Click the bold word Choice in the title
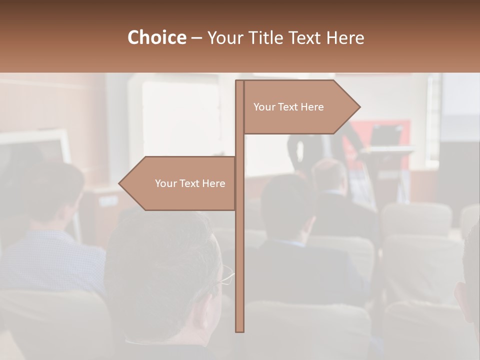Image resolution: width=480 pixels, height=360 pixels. coord(156,37)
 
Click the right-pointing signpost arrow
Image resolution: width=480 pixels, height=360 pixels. coord(300,107)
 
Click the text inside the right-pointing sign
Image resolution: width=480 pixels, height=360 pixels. coord(288,107)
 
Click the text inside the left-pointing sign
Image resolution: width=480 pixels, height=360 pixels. coord(190,183)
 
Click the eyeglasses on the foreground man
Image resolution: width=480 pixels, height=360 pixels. coord(226,275)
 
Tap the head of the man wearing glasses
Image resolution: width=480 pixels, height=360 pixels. coord(165,265)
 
